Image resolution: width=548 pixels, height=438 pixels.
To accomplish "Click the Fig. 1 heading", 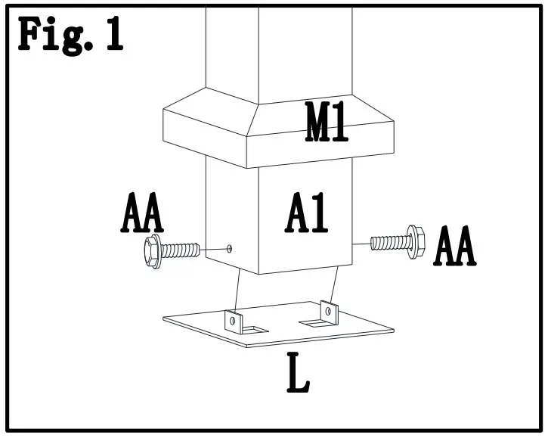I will coord(70,36).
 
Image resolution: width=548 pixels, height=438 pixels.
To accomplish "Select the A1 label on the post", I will coord(308,214).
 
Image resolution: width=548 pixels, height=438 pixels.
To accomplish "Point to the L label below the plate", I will coord(299,376).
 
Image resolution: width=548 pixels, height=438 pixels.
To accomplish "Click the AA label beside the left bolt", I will coord(142,215).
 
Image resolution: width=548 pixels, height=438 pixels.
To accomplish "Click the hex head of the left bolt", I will coord(152,252).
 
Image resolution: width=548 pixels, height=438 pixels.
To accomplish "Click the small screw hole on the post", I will coord(229,247).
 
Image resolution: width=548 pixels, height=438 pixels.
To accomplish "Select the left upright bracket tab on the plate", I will coord(234,321).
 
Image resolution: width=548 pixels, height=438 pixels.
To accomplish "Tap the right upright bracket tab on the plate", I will coord(327,311).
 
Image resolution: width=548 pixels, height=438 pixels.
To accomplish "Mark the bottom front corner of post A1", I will coord(259,273).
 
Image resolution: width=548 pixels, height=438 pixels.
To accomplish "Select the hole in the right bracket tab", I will coord(329,310).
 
